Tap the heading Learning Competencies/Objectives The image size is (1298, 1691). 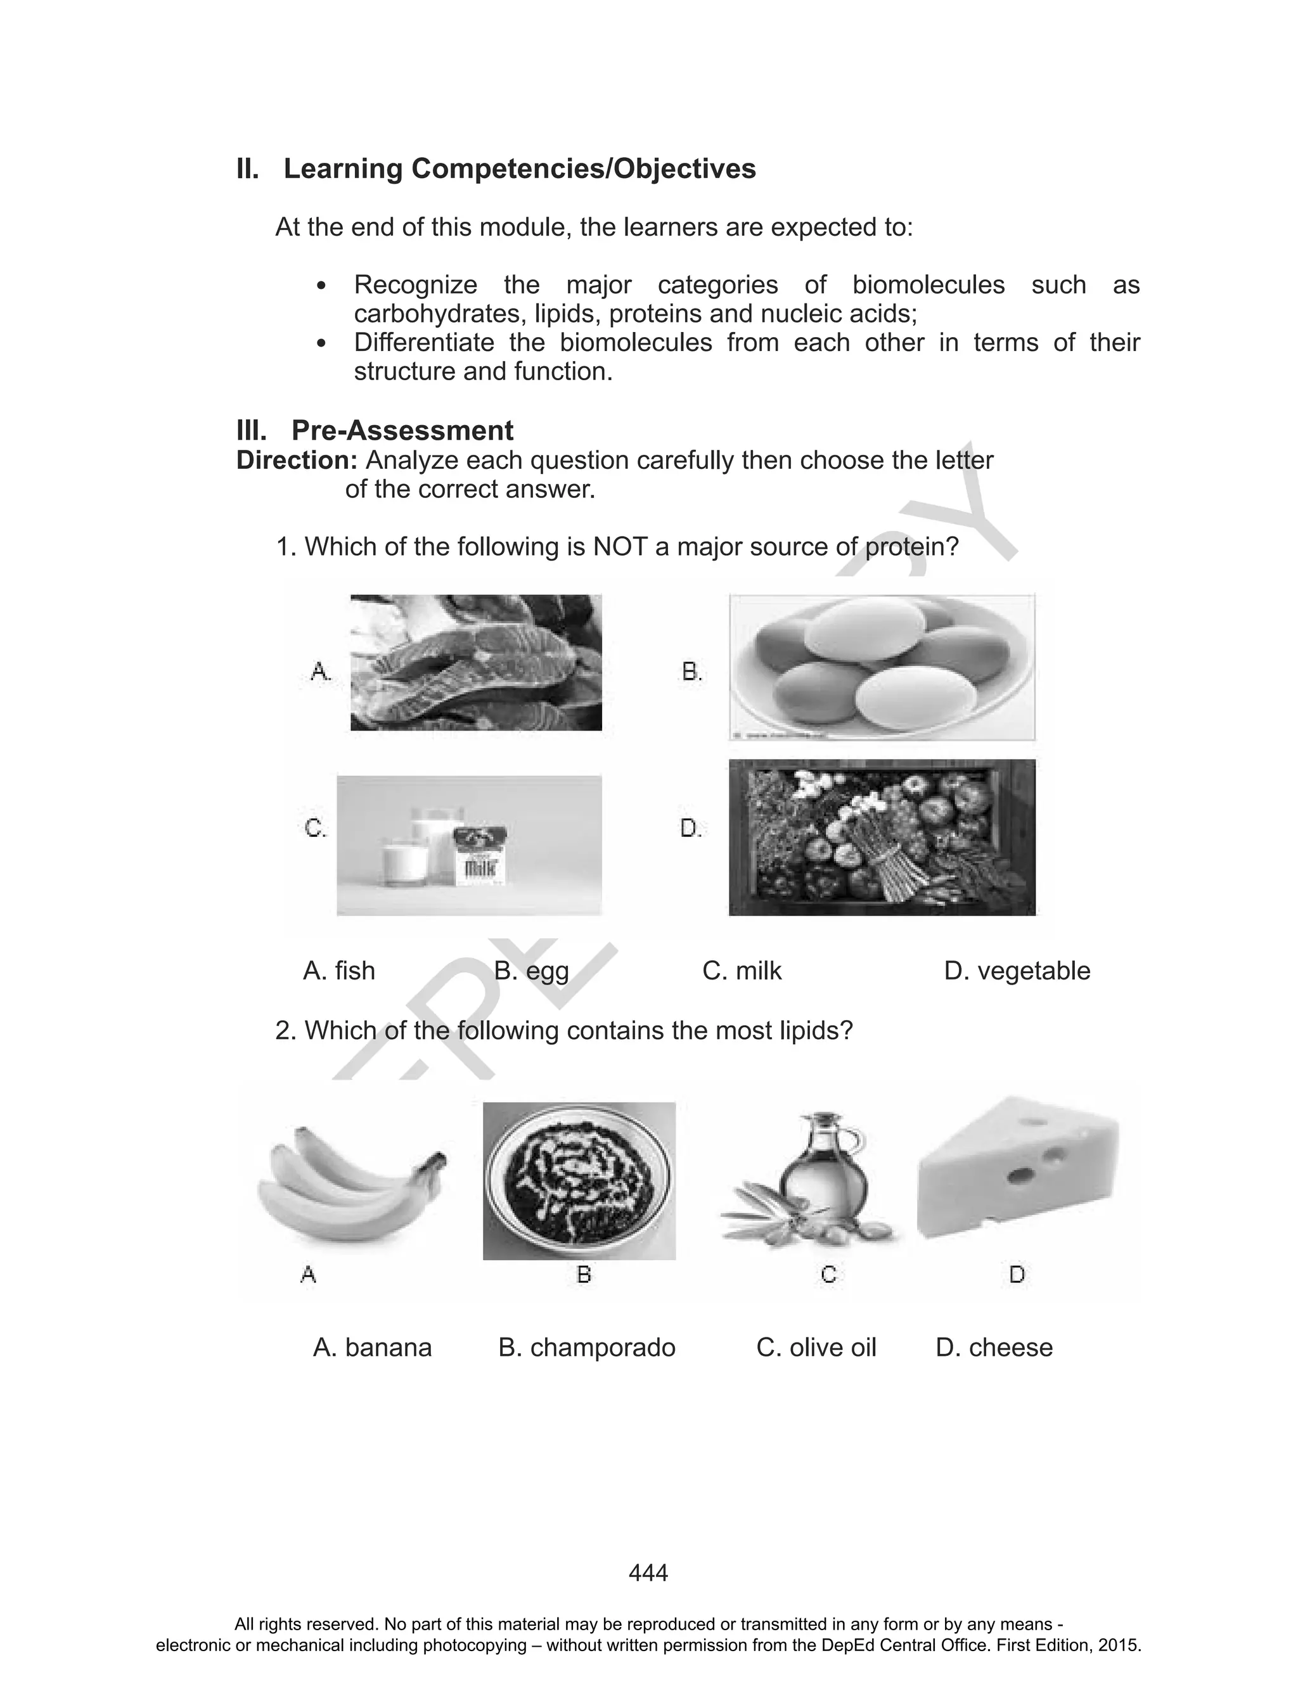pos(519,169)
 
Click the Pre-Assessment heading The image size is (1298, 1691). pos(402,430)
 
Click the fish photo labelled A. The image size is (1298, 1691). pos(476,663)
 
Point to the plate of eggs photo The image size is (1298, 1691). pos(882,667)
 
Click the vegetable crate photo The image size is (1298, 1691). pos(882,838)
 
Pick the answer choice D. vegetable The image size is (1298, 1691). pos(1017,971)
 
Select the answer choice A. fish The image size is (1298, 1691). pos(339,971)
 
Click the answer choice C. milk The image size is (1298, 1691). pos(742,971)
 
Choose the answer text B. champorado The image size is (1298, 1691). pos(587,1348)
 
